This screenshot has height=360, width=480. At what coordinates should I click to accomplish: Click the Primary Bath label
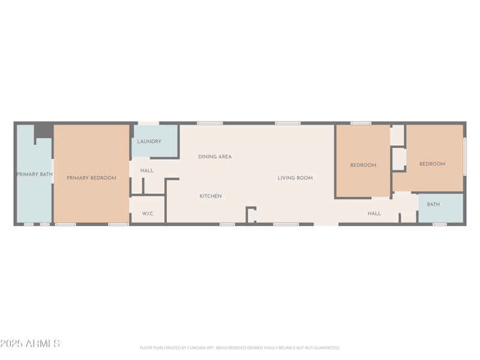(x=34, y=175)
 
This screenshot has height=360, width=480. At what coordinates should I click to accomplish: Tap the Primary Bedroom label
(x=91, y=178)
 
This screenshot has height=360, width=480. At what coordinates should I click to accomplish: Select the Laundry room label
(x=149, y=142)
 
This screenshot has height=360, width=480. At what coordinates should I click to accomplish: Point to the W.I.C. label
(x=148, y=214)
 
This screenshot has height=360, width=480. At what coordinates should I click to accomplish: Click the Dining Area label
(x=215, y=157)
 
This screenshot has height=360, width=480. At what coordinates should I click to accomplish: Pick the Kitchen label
(x=211, y=196)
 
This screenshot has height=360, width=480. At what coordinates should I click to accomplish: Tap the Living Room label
(x=295, y=178)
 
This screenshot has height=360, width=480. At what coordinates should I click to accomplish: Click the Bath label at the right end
(x=433, y=205)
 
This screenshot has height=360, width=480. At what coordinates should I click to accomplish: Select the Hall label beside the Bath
(x=374, y=214)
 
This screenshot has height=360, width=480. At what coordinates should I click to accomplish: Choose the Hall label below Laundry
(x=147, y=170)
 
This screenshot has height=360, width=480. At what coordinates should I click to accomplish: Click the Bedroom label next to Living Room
(x=363, y=165)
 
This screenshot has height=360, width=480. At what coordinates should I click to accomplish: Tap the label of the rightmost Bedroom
(x=432, y=164)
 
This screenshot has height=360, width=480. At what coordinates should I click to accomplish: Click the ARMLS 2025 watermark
(x=30, y=344)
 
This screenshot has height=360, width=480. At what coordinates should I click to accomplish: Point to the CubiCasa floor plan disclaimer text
(x=240, y=348)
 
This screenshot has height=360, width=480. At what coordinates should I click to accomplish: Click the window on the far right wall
(x=465, y=157)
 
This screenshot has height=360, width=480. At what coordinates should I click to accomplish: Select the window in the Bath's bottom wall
(x=439, y=224)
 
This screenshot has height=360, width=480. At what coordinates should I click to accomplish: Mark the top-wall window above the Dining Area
(x=210, y=123)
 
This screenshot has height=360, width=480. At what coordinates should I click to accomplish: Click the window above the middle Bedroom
(x=361, y=123)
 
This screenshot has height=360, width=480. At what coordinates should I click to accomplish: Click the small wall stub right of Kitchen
(x=251, y=213)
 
